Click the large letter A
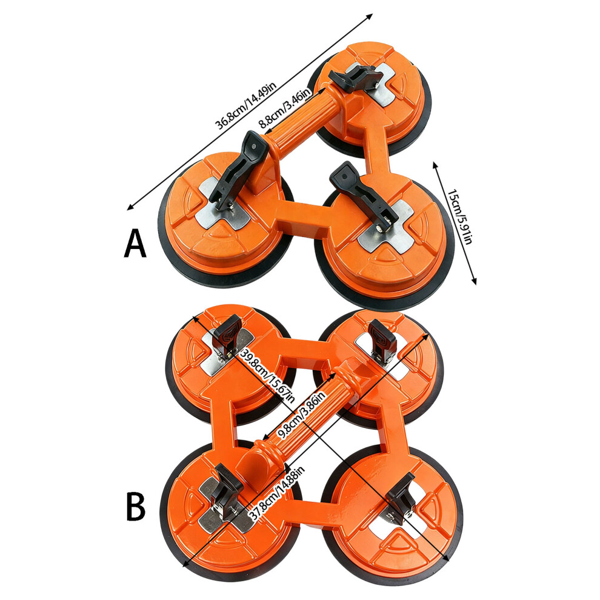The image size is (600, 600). click(136, 244)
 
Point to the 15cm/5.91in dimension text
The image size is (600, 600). click(461, 217)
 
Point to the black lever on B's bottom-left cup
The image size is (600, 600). click(227, 484)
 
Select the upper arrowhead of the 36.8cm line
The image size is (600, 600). click(369, 17)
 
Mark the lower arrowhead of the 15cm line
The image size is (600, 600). click(475, 282)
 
